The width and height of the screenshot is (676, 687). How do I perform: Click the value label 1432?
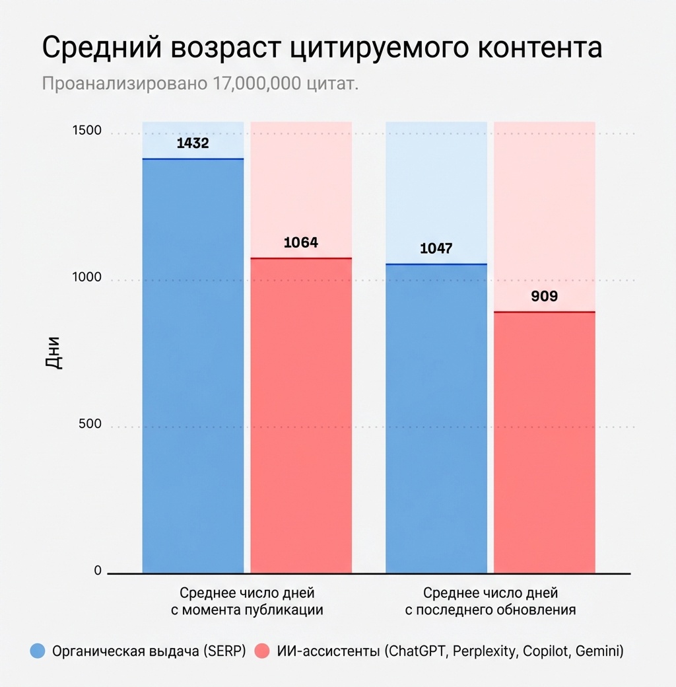coord(193,143)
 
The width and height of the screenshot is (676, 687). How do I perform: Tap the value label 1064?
coord(301,242)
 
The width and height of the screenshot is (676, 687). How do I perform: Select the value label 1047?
coord(436,249)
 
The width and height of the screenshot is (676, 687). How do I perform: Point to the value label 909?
coord(545,296)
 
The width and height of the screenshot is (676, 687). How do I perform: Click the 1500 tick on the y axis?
coord(86,130)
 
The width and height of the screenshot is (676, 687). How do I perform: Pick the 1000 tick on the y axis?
coord(86,277)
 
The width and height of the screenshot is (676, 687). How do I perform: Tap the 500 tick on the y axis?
coord(90,424)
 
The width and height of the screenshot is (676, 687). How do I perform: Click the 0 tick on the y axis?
coord(98,571)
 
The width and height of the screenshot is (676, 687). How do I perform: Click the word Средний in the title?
coord(102,50)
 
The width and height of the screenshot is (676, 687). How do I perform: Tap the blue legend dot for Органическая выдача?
coord(38,651)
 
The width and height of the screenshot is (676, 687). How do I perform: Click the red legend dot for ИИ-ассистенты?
coord(262,651)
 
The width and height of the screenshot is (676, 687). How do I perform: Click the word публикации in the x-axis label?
coord(285,610)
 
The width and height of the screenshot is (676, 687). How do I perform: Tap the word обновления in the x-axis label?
coord(535,610)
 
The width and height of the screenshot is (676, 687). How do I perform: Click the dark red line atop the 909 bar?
coord(545,312)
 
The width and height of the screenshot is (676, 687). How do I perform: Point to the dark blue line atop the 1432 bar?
coord(193,159)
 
